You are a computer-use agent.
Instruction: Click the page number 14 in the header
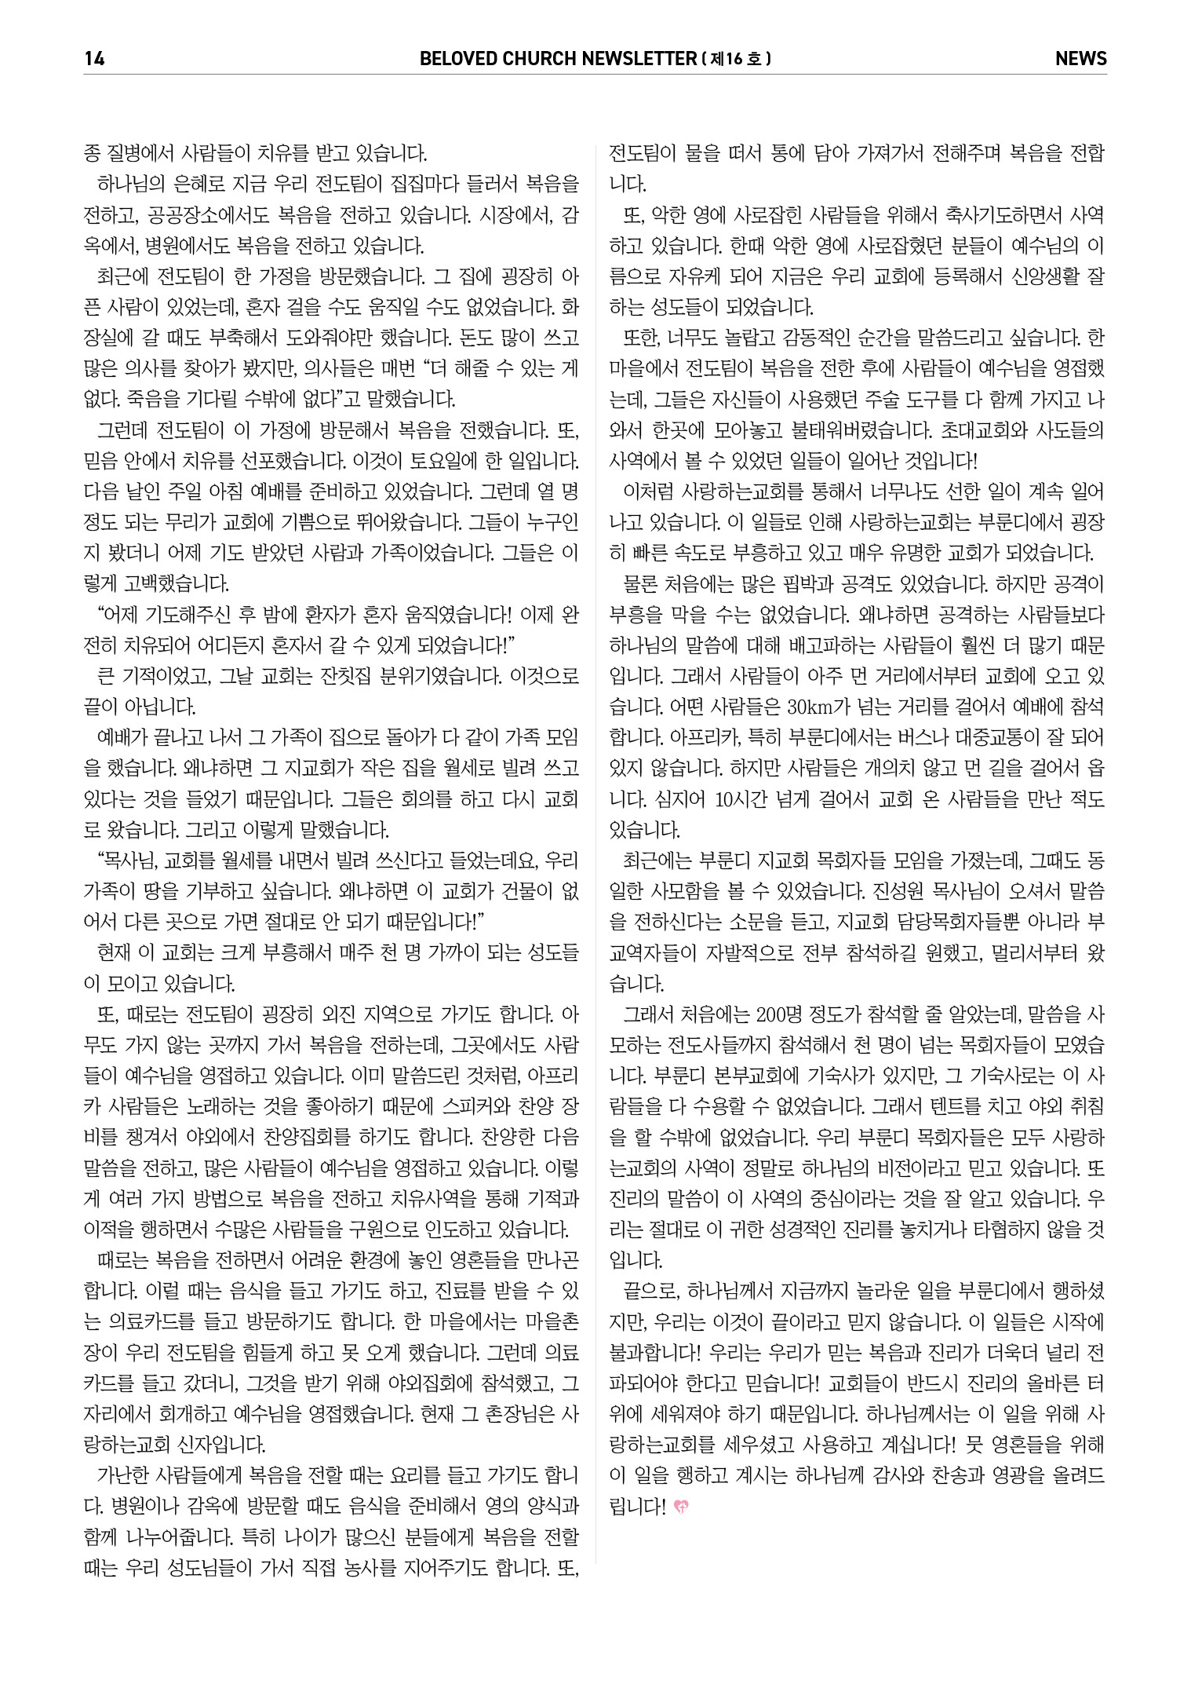coord(93,58)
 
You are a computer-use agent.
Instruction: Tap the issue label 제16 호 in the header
coord(737,58)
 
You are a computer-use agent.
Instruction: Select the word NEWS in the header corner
coord(1080,58)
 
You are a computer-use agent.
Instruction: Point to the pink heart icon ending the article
coord(681,1507)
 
